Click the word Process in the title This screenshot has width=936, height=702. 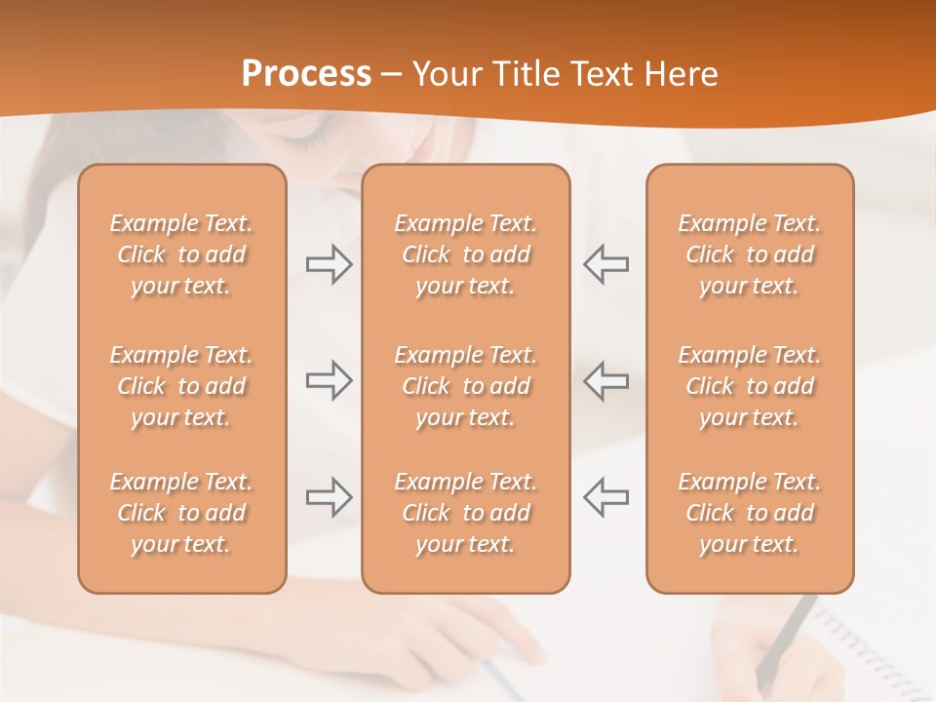(x=306, y=74)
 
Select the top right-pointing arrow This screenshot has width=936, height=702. (x=329, y=264)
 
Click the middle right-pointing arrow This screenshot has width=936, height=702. (x=329, y=379)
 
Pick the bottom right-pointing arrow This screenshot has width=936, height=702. (x=329, y=497)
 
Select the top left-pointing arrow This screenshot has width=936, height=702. (x=605, y=264)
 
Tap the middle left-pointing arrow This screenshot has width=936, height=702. (x=605, y=379)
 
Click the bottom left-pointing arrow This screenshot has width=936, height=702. (x=605, y=497)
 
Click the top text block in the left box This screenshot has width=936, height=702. (x=181, y=254)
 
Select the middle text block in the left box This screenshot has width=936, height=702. (x=181, y=386)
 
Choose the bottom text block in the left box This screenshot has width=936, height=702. (x=181, y=513)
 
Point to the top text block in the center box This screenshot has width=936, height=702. (x=465, y=254)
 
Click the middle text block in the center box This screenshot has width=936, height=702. (x=465, y=386)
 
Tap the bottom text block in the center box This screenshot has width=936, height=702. (x=465, y=513)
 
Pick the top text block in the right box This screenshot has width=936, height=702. (x=749, y=254)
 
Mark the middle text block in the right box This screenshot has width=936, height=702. (x=749, y=386)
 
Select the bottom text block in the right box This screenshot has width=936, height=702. (x=749, y=513)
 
